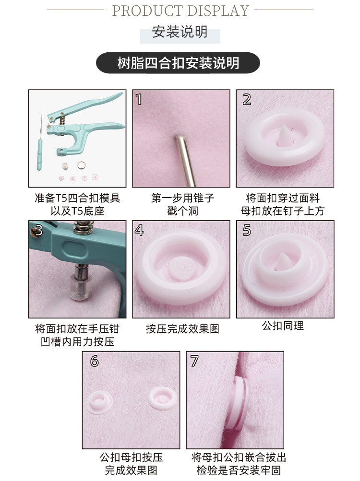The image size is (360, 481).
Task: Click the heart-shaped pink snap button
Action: [61, 178]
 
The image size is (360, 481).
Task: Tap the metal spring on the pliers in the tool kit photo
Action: [62, 118]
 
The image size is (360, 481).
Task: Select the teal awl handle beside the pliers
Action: [40, 155]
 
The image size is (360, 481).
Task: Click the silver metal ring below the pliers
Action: [81, 165]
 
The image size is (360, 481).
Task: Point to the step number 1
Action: [139, 99]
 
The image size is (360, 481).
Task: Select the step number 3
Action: [38, 230]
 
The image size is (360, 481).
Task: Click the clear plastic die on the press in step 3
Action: [81, 287]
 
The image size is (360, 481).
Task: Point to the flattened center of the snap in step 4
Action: [181, 269]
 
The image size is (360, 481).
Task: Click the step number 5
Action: [247, 230]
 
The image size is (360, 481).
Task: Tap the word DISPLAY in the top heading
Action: [218, 11]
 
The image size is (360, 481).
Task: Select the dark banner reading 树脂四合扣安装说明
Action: [178, 63]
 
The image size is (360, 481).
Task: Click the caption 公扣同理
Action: [283, 326]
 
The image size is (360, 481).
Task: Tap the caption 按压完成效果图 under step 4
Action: [182, 329]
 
